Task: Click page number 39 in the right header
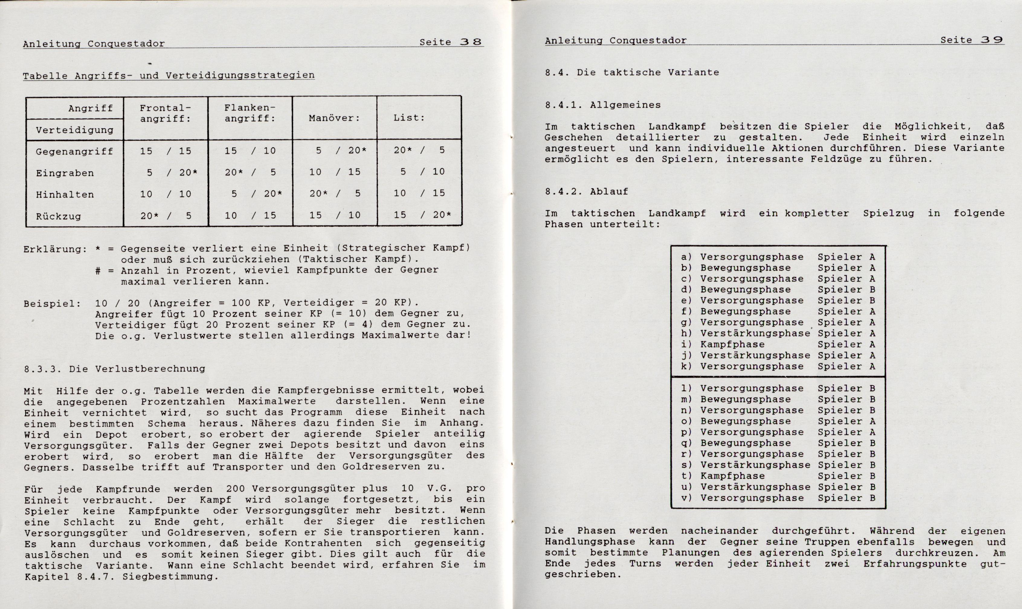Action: tap(992, 40)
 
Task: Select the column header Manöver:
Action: tap(334, 118)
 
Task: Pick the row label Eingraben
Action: tap(65, 173)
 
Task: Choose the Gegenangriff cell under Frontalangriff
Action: tap(166, 151)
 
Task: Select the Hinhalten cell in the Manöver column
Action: tap(335, 193)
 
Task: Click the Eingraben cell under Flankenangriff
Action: tap(250, 172)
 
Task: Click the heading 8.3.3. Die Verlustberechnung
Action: tap(114, 369)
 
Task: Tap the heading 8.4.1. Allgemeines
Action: tap(603, 105)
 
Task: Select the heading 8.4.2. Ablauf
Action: tap(586, 191)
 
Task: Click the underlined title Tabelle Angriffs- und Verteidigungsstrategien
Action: tap(169, 75)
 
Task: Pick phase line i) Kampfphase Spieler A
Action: tap(778, 344)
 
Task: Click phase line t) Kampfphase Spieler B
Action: tap(778, 476)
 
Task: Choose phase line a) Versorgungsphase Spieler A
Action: tap(778, 257)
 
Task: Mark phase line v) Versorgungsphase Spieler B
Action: tap(778, 498)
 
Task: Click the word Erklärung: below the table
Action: tap(55, 249)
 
